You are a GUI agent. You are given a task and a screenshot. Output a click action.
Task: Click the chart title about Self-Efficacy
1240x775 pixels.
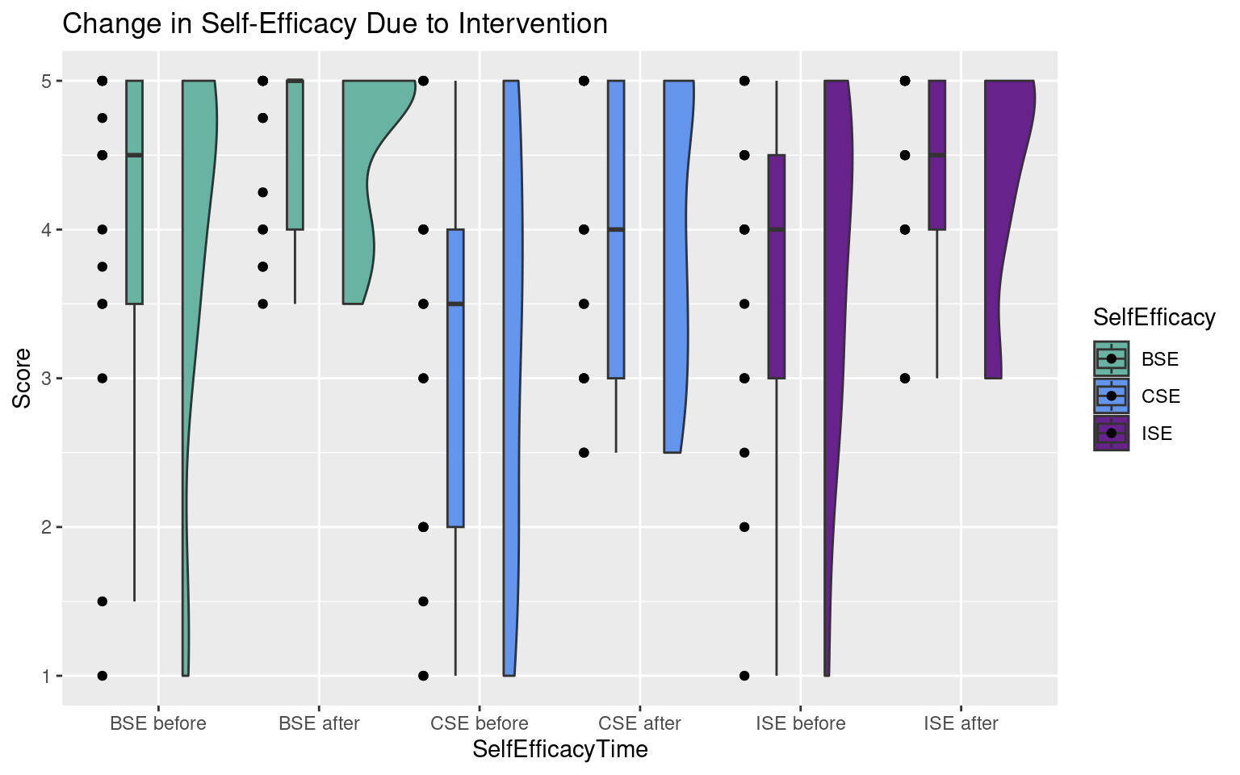[x=335, y=24]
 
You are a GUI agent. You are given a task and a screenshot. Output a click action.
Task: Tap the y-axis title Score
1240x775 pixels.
[x=23, y=378]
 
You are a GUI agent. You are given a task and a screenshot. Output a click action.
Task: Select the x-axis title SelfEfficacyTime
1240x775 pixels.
[x=560, y=750]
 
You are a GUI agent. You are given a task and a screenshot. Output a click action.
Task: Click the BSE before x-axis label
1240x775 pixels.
[x=158, y=723]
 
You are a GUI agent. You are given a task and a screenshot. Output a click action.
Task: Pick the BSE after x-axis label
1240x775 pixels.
[x=319, y=723]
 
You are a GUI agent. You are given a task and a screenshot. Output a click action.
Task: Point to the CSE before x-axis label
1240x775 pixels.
[x=480, y=723]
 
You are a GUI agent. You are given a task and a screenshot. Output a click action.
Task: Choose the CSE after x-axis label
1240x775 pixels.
[x=640, y=723]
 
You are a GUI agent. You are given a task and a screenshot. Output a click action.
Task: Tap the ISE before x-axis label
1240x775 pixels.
[x=801, y=723]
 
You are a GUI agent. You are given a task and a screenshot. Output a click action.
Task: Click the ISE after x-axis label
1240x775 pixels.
[x=961, y=723]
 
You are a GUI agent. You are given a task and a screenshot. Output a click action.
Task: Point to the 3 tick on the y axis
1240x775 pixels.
[x=47, y=379]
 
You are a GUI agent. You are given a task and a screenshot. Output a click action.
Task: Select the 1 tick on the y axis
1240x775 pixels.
[x=47, y=676]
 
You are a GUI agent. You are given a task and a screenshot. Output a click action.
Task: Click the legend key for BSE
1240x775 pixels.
[x=1112, y=358]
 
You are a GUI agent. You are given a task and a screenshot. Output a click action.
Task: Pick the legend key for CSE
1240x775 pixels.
[x=1112, y=396]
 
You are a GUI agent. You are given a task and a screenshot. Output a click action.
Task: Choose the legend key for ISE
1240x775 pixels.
[x=1112, y=433]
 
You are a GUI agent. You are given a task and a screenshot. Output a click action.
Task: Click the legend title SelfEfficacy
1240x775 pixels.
[x=1154, y=317]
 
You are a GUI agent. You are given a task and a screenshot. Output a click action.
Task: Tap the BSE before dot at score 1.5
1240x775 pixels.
[x=103, y=601]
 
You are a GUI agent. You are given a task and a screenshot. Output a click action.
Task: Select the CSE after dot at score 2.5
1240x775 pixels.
[x=584, y=453]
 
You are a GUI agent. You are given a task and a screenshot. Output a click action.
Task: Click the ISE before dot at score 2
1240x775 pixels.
[x=744, y=527]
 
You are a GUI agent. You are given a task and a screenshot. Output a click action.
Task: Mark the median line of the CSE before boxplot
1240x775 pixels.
[x=455, y=304]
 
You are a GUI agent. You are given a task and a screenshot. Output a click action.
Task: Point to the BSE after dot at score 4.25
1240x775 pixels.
[x=262, y=192]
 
